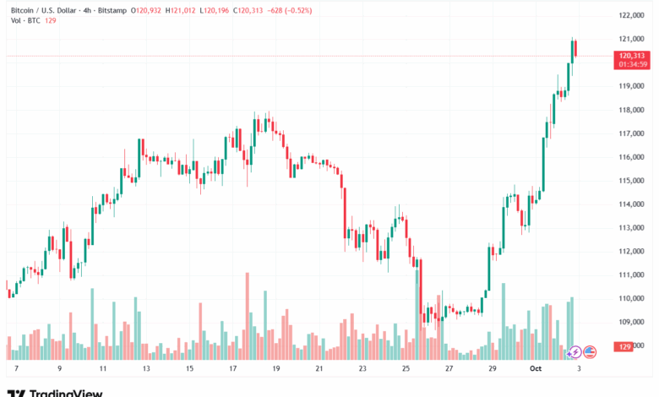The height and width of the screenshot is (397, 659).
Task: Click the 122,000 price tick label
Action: (x=632, y=15)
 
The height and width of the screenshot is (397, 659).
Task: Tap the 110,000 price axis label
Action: (x=632, y=298)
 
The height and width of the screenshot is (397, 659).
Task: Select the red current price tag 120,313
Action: (x=632, y=54)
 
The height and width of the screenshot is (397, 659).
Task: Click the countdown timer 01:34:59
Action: (x=632, y=63)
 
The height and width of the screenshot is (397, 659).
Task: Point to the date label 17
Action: (x=231, y=369)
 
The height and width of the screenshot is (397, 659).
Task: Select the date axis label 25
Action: (x=406, y=369)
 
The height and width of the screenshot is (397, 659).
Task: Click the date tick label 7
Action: (x=16, y=369)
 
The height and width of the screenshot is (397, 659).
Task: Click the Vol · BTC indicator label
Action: (x=25, y=20)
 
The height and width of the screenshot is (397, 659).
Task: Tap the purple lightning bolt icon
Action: (x=575, y=351)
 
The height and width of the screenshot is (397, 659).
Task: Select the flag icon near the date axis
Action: (x=590, y=351)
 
